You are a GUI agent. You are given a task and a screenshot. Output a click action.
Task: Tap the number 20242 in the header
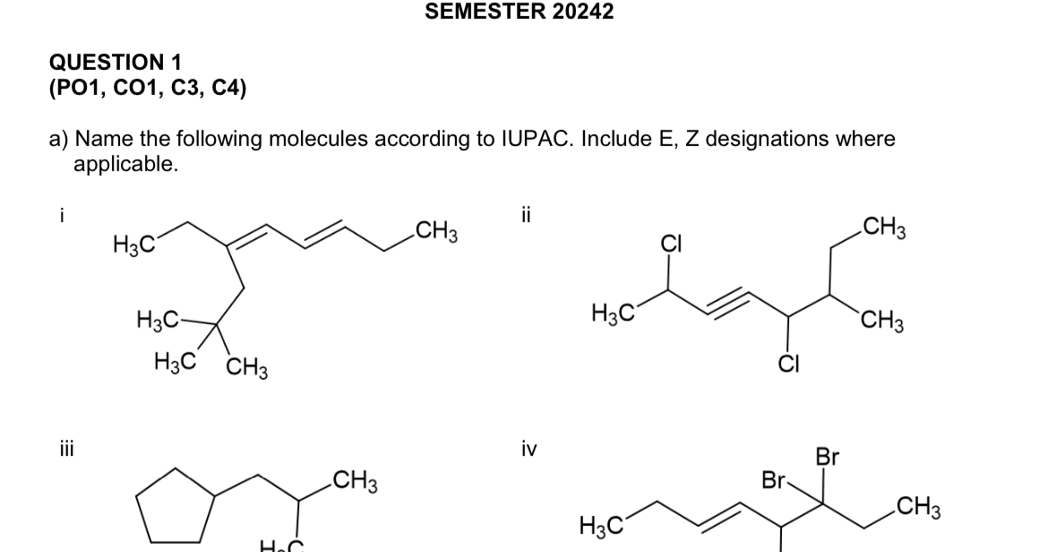tap(584, 12)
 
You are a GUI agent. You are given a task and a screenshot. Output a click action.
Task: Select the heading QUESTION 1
tap(115, 63)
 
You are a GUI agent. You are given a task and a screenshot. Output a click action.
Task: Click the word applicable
tap(125, 164)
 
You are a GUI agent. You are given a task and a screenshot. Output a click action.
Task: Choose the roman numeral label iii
tap(60, 449)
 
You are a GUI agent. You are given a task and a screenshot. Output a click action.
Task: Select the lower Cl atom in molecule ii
tap(787, 363)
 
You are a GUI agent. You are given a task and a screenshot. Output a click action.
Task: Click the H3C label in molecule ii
tap(614, 314)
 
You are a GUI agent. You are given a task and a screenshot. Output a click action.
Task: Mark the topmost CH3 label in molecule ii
tap(881, 229)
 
